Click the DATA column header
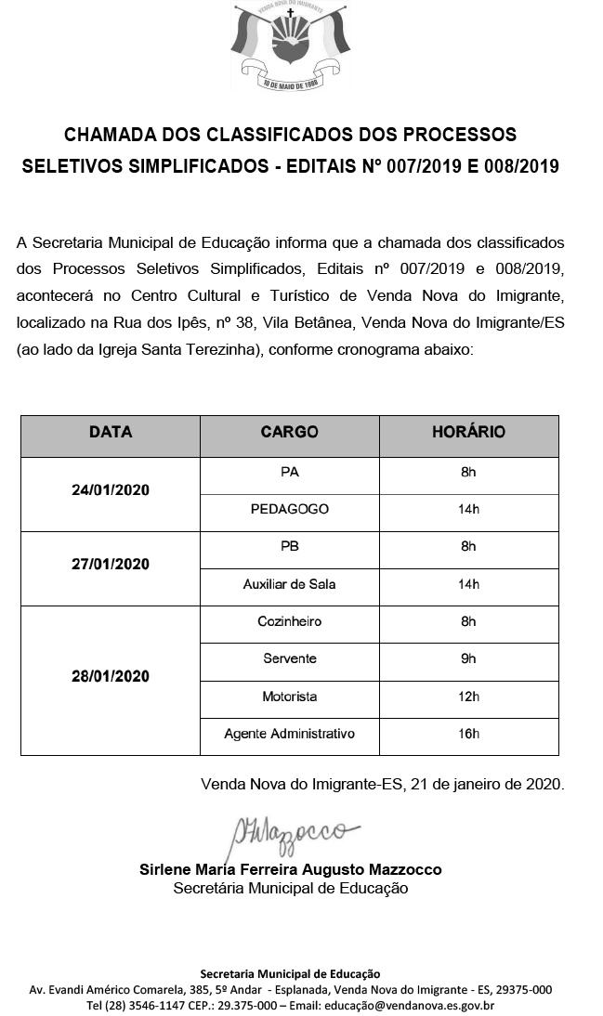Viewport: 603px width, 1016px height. [111, 433]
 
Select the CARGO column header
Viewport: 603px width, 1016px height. [289, 433]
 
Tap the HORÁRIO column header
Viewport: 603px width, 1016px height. [468, 433]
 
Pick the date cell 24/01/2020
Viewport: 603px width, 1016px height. [111, 490]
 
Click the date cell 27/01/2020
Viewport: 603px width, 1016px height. [111, 565]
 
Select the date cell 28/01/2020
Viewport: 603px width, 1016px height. [111, 676]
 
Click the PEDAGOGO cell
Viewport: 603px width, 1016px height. [289, 509]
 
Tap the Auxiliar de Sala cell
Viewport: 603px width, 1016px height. [289, 584]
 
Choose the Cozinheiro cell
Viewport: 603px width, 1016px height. [289, 621]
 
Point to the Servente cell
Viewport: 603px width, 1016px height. [289, 658]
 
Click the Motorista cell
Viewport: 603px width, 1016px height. [289, 697]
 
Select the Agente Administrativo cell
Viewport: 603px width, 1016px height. [289, 734]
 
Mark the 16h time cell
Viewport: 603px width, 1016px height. [468, 734]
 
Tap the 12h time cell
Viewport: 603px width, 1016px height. [468, 697]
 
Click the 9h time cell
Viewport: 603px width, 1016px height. [468, 658]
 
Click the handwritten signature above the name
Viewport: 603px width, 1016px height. [288, 832]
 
